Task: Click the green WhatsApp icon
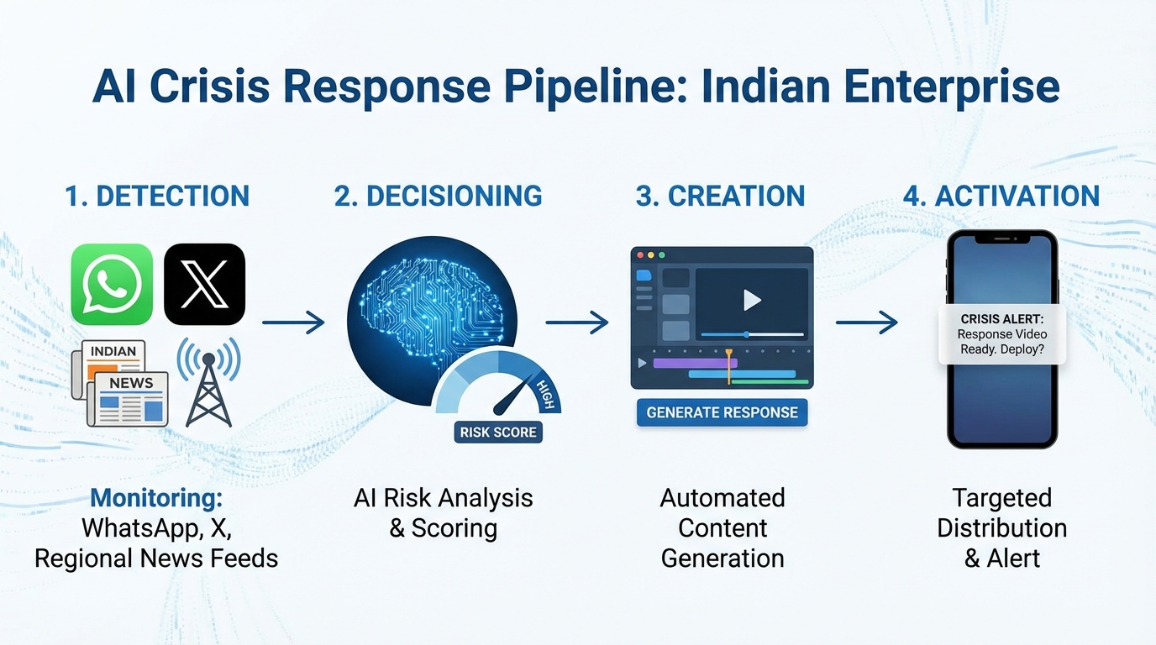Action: click(x=112, y=284)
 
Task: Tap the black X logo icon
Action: click(x=204, y=284)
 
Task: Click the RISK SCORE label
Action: click(x=497, y=433)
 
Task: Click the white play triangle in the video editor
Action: click(x=752, y=300)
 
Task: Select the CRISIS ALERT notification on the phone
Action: click(x=1001, y=334)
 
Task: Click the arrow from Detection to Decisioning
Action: click(x=293, y=322)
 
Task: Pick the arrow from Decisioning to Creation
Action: click(x=577, y=322)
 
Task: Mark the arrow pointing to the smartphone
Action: click(x=866, y=322)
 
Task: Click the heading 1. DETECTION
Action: click(x=157, y=196)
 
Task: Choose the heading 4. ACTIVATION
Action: click(x=1001, y=196)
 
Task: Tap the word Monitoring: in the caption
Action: click(x=156, y=497)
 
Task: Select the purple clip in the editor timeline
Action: click(x=694, y=363)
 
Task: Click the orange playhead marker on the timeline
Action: click(x=728, y=354)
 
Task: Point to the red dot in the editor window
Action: click(x=639, y=254)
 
